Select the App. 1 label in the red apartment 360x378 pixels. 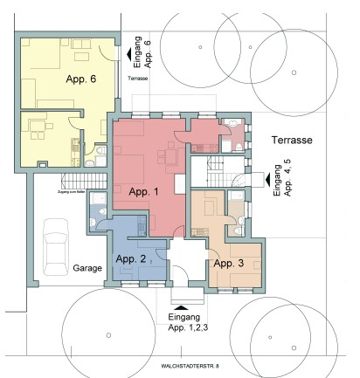point(144,191)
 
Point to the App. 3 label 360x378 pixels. point(228,263)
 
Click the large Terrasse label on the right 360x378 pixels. point(291,140)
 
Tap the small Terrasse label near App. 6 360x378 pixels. point(138,79)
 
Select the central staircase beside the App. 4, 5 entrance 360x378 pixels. point(216,168)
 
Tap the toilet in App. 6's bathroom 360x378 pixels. point(103,155)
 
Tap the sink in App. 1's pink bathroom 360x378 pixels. point(234,123)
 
